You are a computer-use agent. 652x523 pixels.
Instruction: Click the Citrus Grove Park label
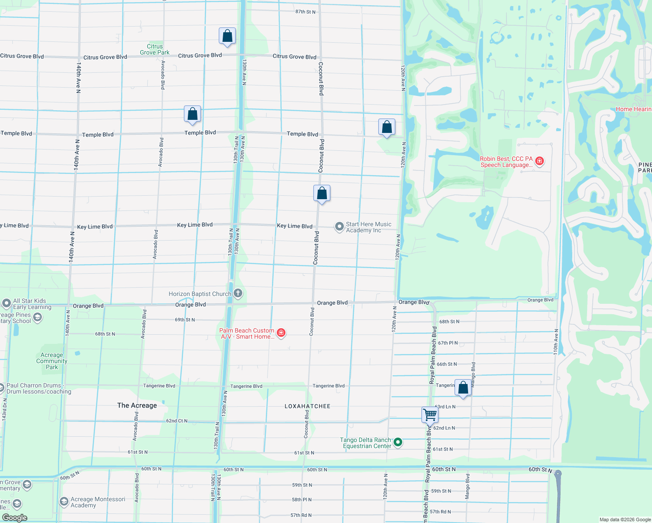click(x=155, y=49)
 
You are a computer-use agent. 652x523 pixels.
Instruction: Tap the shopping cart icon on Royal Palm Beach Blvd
click(x=430, y=414)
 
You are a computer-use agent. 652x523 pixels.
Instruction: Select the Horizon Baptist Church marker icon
click(x=238, y=293)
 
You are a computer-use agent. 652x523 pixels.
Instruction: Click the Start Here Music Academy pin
click(x=339, y=227)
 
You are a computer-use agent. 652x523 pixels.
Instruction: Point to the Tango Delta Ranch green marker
click(x=397, y=443)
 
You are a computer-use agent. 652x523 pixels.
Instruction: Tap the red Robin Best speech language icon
click(x=540, y=161)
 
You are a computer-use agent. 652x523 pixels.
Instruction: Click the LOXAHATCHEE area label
click(x=307, y=406)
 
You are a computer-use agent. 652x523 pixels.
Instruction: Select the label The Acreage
click(x=137, y=405)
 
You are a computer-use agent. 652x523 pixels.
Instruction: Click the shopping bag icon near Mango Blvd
click(x=463, y=387)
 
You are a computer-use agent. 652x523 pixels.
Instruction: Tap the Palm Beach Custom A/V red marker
click(x=281, y=333)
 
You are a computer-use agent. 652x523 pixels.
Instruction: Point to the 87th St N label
click(x=305, y=12)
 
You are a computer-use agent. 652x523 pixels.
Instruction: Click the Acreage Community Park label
click(x=52, y=361)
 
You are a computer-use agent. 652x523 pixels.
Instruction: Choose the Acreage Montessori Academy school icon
click(x=64, y=502)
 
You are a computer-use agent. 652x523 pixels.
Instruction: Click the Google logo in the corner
click(x=14, y=517)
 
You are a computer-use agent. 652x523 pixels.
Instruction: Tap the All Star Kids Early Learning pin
click(x=6, y=303)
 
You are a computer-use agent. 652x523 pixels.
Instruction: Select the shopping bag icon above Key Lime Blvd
click(x=322, y=193)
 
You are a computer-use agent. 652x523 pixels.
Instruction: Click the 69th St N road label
click(x=185, y=320)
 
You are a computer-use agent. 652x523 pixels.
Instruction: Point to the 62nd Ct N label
click(x=177, y=421)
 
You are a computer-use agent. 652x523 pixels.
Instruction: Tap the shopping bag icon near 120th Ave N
click(x=387, y=127)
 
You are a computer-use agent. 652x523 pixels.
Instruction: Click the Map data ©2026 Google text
click(x=625, y=520)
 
